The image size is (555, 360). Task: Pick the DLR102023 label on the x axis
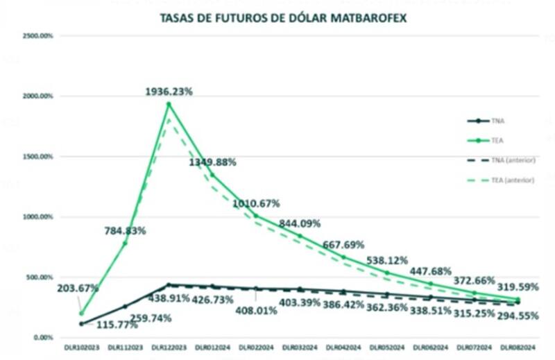point(80,347)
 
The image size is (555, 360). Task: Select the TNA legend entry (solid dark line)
point(496,120)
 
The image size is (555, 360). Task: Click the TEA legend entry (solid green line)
point(496,139)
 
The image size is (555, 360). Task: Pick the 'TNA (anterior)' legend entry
point(509,160)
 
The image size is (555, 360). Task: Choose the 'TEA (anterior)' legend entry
point(509,180)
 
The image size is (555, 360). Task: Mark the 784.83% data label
point(125,231)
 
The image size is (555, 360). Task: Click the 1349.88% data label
point(212,162)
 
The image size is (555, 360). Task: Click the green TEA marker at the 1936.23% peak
point(169,104)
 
